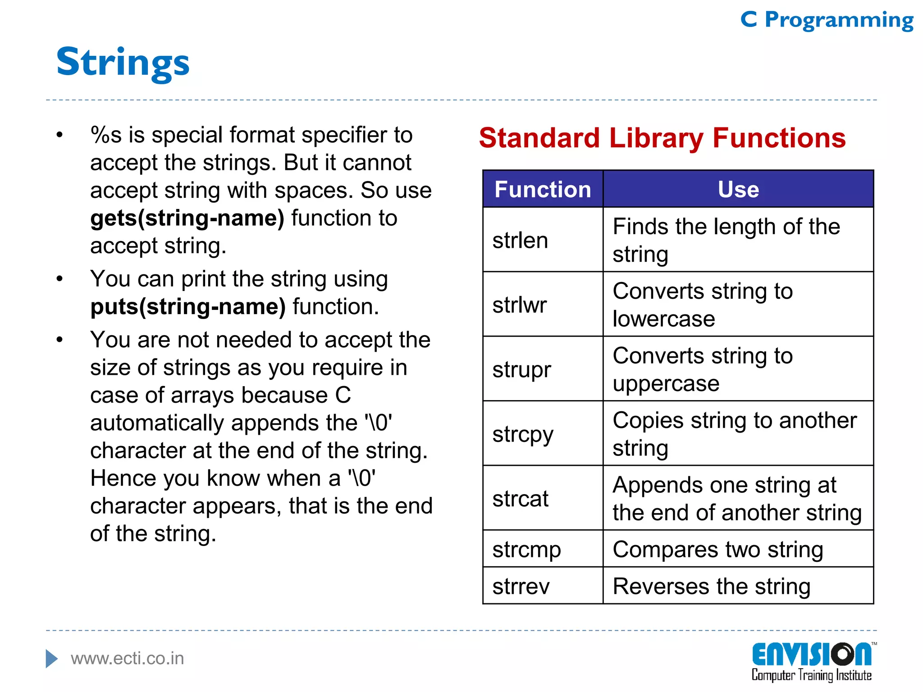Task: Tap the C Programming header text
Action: (x=827, y=20)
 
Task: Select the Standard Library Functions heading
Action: (x=662, y=138)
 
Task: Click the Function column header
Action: (x=543, y=189)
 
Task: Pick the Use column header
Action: (x=738, y=189)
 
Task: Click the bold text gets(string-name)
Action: (x=187, y=219)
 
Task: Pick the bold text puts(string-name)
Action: (x=188, y=307)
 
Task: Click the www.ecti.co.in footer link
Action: (x=127, y=659)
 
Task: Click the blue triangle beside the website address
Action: (x=51, y=659)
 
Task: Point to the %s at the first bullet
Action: (x=106, y=135)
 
